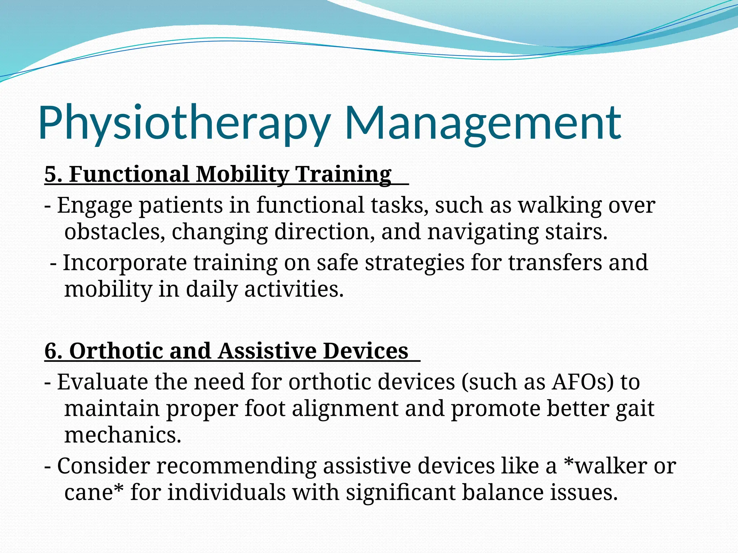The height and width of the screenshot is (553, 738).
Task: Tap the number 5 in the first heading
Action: click(x=50, y=174)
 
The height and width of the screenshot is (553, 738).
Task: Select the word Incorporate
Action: click(x=125, y=263)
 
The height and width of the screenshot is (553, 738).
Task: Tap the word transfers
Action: click(x=555, y=263)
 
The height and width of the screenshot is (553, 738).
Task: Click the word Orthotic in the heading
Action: click(x=115, y=351)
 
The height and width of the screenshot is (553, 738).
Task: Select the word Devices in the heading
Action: click(x=365, y=351)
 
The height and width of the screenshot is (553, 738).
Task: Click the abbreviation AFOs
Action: click(x=582, y=382)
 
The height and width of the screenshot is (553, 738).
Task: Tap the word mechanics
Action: click(x=123, y=436)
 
